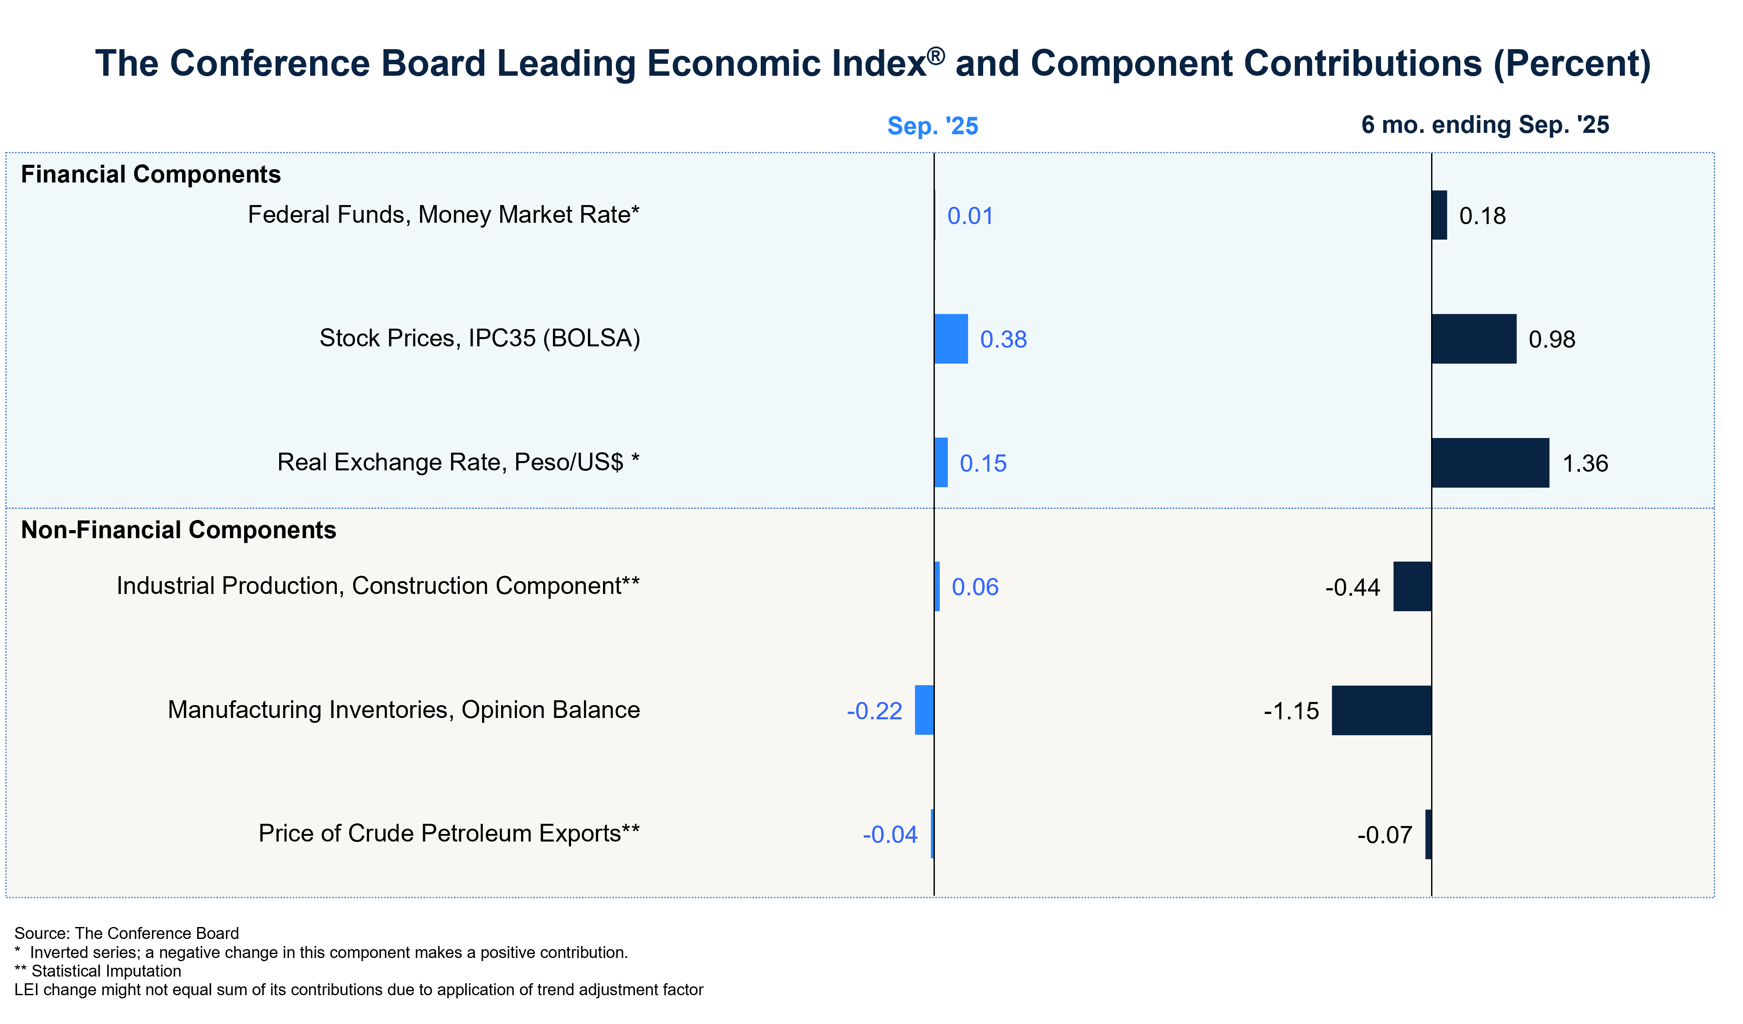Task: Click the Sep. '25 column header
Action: click(932, 126)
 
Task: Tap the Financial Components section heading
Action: click(151, 174)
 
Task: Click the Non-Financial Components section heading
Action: click(179, 530)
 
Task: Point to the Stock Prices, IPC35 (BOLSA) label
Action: click(479, 338)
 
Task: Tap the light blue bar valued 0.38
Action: click(951, 339)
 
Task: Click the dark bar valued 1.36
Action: click(1490, 462)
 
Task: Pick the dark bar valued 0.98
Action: click(1474, 339)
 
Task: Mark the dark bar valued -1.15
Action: click(1381, 710)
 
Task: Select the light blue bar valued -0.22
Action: click(924, 710)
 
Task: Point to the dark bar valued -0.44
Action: click(1412, 586)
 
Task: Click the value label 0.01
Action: click(970, 216)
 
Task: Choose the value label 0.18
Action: click(1482, 216)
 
